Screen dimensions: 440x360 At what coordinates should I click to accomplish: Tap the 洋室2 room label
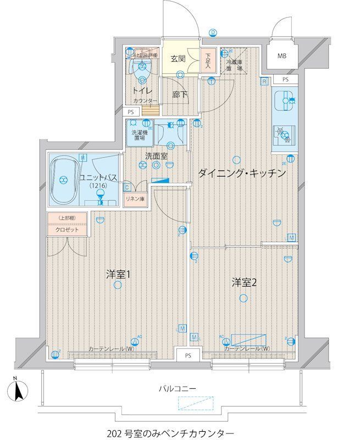click(x=244, y=283)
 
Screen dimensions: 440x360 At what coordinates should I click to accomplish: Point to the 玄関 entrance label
click(x=177, y=58)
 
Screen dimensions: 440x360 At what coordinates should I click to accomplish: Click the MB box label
click(x=281, y=56)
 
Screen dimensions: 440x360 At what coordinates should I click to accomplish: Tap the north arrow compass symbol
click(x=18, y=391)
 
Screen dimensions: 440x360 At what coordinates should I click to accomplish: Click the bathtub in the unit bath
click(x=64, y=179)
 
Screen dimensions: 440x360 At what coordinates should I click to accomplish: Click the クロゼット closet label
click(x=66, y=229)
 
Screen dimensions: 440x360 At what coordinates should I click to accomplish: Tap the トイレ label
click(x=140, y=90)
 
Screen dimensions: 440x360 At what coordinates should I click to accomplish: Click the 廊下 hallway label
click(x=180, y=95)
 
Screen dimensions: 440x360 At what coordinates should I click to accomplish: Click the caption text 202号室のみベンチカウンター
click(x=173, y=432)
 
